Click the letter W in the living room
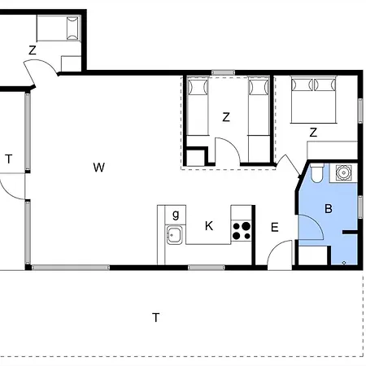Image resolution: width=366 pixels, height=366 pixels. (x=98, y=168)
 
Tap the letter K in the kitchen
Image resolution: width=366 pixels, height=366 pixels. (x=209, y=226)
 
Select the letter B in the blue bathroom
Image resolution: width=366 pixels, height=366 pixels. (x=329, y=209)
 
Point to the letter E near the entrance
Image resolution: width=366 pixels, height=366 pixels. (x=275, y=227)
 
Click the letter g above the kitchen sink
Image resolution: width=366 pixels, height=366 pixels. (x=176, y=215)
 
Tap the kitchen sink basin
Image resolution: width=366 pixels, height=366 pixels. (x=174, y=235)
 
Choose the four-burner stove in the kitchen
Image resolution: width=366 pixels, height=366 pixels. (x=242, y=231)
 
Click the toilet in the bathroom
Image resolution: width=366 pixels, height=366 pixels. (x=316, y=172)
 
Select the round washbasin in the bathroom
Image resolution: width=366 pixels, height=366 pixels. (x=343, y=172)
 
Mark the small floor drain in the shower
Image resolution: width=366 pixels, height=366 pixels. (x=344, y=263)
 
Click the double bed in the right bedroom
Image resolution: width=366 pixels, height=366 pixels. (x=313, y=100)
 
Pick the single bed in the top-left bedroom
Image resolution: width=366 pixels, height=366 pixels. (x=59, y=28)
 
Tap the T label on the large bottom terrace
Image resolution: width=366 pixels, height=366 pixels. (x=155, y=317)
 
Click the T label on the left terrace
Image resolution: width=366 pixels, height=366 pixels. (x=9, y=159)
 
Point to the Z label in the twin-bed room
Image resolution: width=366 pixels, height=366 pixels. (x=226, y=117)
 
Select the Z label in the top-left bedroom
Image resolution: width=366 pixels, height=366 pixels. (x=33, y=50)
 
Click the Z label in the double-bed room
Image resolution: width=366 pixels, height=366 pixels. (x=313, y=133)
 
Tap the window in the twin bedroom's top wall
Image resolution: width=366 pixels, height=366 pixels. (x=223, y=72)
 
